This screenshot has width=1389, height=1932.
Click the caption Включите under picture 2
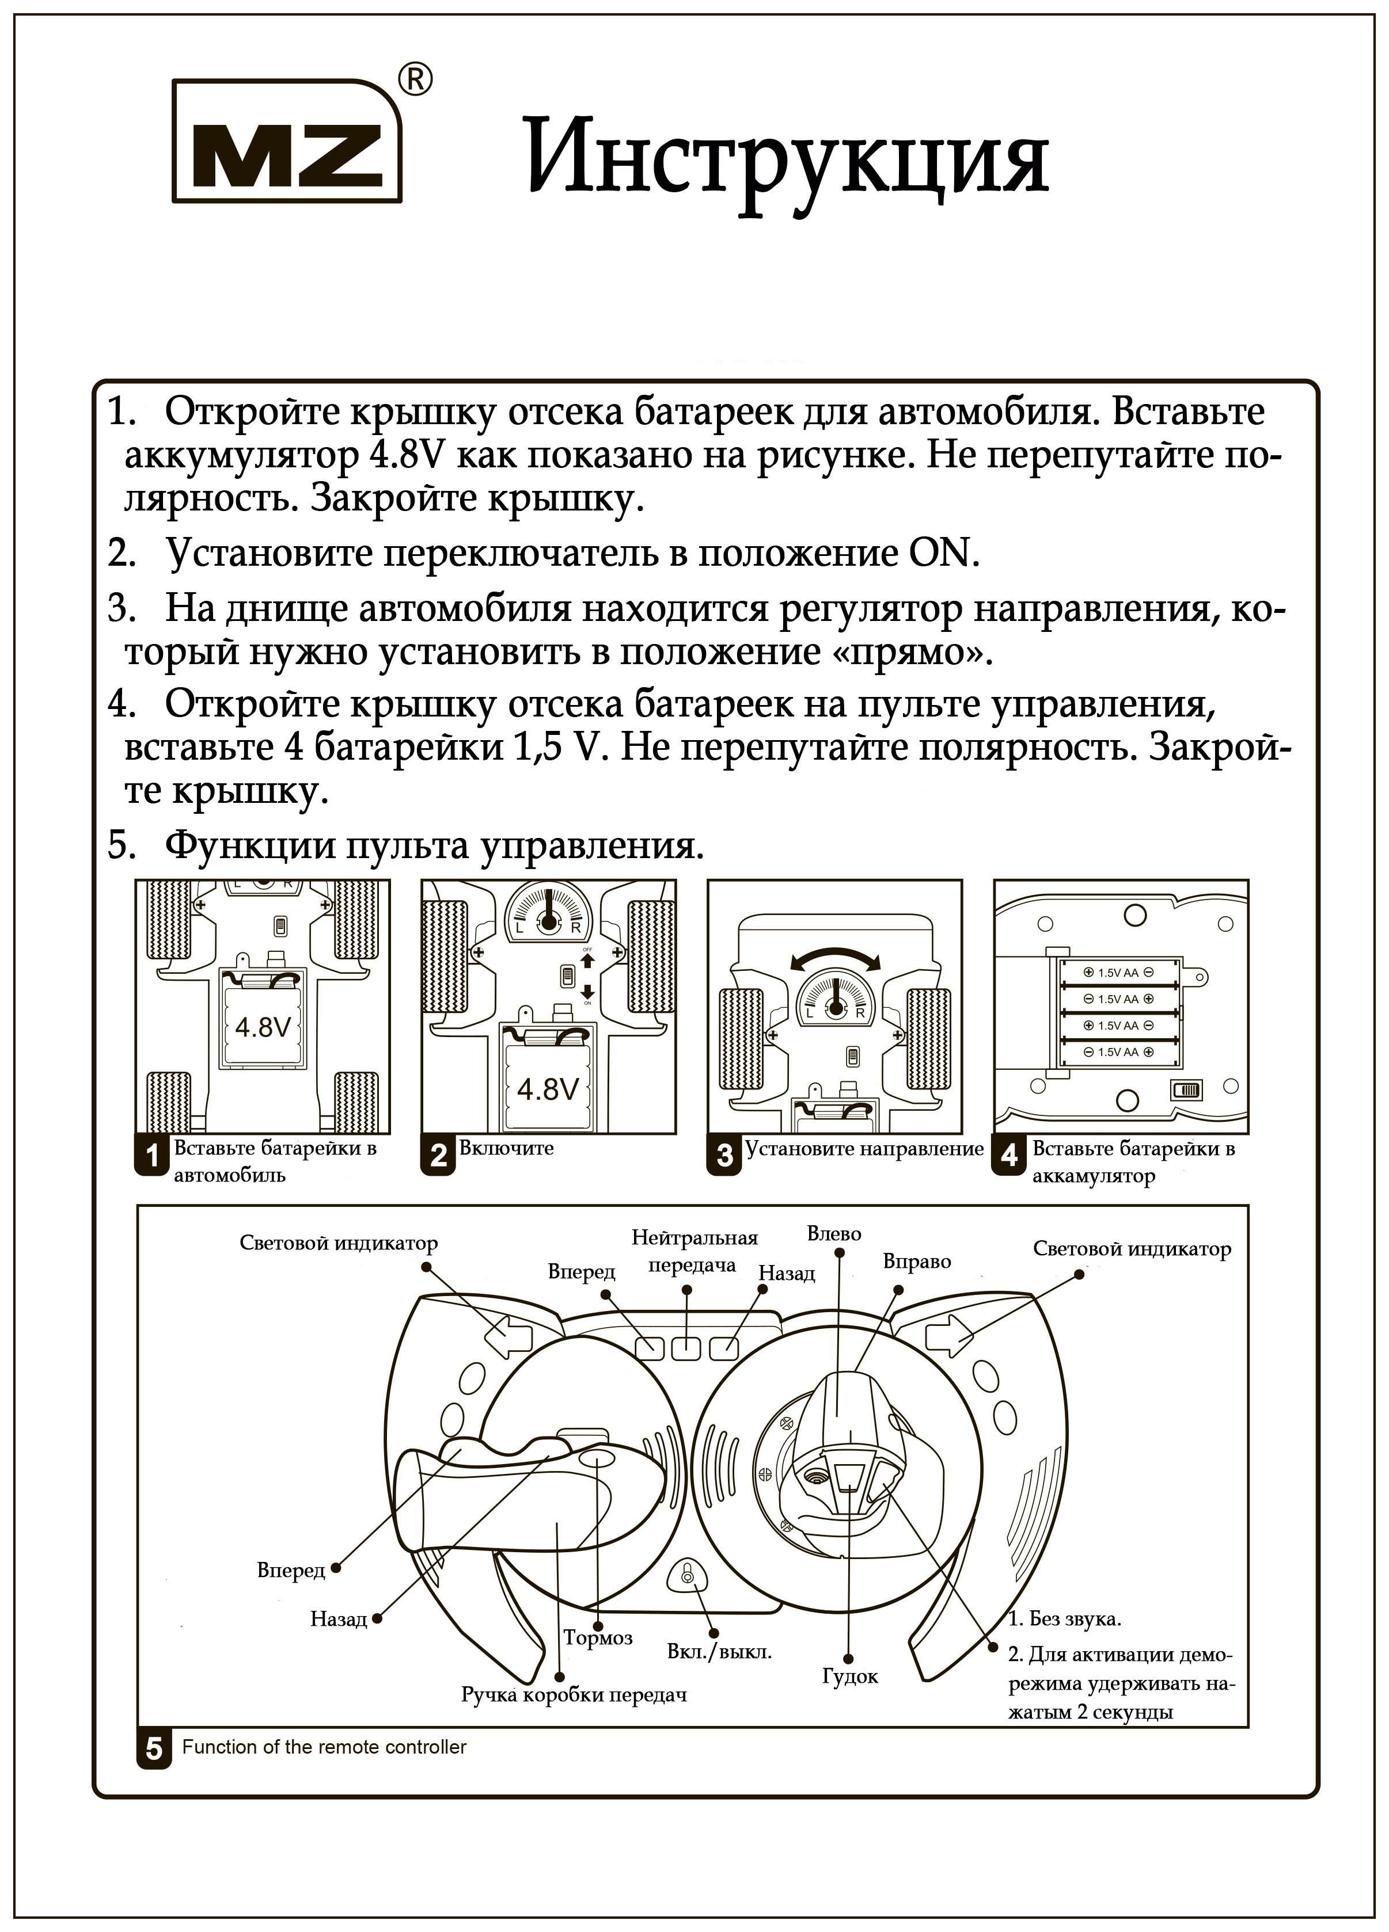[x=506, y=1148]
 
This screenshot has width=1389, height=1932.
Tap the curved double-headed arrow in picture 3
[x=835, y=960]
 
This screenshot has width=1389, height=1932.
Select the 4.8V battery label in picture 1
[x=263, y=1027]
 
